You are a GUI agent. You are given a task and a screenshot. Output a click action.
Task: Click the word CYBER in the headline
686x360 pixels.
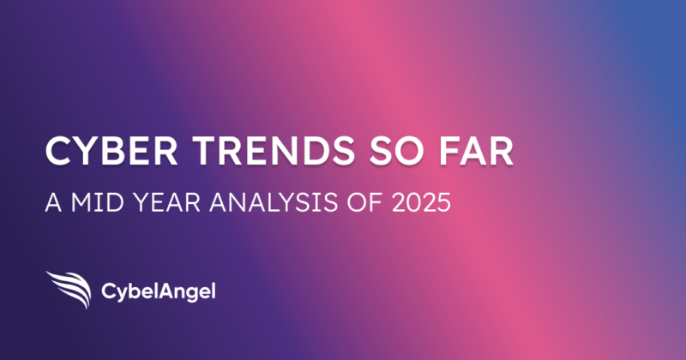pos(111,151)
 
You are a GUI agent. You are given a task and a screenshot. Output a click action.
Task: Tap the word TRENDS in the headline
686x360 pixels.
pos(274,151)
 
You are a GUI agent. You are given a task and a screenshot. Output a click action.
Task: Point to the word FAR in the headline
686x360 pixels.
pos(476,151)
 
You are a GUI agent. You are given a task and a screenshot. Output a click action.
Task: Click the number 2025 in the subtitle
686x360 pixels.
pos(421,202)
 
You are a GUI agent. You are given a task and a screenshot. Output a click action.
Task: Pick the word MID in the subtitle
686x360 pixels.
pos(98,202)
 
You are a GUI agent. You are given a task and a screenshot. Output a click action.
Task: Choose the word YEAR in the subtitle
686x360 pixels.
pos(166,202)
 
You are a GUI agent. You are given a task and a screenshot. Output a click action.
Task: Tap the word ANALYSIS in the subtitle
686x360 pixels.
pos(274,202)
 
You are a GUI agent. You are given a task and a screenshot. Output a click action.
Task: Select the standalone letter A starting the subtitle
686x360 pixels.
pos(53,202)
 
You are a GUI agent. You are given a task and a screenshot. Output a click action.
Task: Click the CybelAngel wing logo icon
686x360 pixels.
pos(69,290)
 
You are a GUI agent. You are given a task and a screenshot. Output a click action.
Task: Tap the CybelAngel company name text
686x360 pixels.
pos(159,291)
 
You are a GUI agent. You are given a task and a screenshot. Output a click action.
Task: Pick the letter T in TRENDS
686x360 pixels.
pos(205,151)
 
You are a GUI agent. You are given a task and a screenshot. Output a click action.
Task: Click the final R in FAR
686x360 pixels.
pos(502,151)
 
